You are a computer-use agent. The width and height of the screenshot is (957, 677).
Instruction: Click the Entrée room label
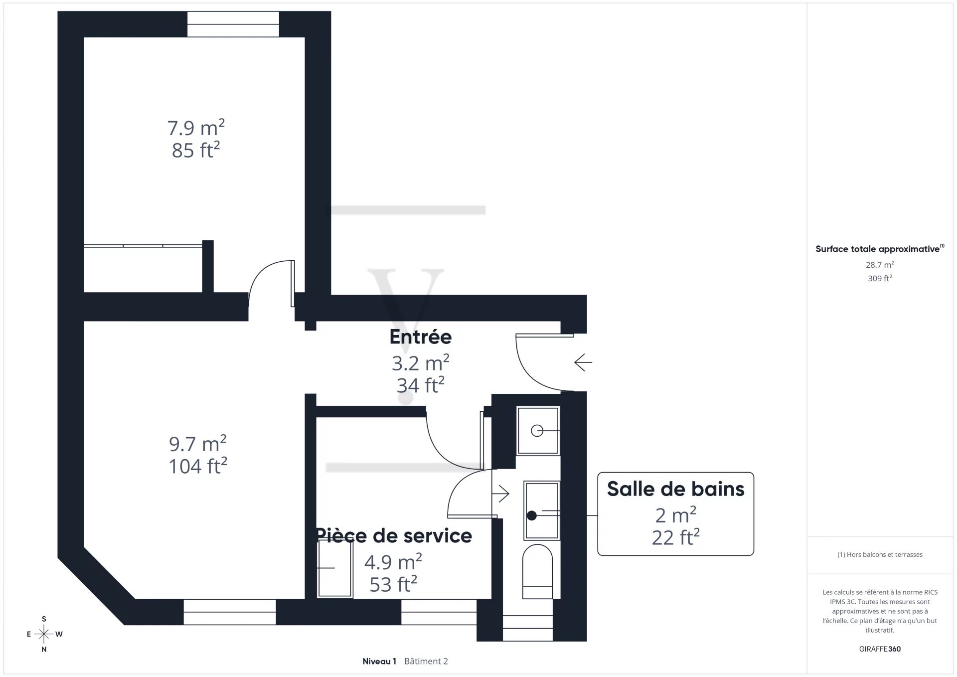421,337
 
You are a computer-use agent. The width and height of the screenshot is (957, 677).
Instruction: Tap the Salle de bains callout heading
675,489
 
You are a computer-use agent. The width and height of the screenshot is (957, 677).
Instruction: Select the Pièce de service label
394,536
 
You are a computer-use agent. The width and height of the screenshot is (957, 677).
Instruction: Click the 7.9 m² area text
196,128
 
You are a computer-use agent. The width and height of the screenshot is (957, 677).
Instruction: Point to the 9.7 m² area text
198,444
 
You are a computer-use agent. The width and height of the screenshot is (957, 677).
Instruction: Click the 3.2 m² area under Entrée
421,363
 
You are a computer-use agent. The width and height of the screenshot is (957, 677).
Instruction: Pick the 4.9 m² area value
393,562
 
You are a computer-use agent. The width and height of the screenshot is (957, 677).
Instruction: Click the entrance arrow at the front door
583,362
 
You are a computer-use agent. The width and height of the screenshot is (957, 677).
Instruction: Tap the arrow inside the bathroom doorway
500,494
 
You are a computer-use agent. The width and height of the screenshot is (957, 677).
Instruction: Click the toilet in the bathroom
537,571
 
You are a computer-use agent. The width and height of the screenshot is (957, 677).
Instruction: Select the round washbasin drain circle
537,431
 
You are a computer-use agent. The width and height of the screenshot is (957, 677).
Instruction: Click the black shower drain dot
532,515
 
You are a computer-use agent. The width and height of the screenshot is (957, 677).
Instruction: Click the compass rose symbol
44,635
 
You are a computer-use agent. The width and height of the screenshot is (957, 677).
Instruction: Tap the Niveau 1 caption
379,662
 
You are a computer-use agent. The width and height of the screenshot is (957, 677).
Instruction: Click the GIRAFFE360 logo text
880,649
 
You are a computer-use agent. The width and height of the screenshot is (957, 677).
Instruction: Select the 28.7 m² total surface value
880,265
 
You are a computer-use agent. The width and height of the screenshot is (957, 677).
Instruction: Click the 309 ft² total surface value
880,278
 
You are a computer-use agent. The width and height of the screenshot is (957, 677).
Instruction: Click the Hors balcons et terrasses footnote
880,554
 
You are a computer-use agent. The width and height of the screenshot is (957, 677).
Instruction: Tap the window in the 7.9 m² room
233,24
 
